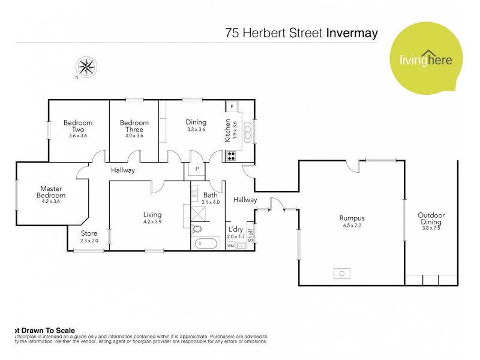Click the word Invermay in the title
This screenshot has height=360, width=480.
coord(352,32)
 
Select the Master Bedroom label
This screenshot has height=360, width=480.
coord(51,191)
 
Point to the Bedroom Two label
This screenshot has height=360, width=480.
coord(78,126)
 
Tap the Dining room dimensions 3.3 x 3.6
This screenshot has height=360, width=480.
coord(196,129)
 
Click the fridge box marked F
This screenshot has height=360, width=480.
coord(232,106)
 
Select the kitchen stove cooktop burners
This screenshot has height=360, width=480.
coord(232,156)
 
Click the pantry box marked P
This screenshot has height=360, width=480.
coord(197,170)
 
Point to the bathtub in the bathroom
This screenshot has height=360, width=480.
coord(205,244)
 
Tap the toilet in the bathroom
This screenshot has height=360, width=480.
coord(196,228)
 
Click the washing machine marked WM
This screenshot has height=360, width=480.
coord(231,245)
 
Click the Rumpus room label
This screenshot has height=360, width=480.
coord(352,218)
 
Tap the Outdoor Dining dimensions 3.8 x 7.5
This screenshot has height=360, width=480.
coord(431,227)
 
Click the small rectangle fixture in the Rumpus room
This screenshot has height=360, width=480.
coord(342,274)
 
